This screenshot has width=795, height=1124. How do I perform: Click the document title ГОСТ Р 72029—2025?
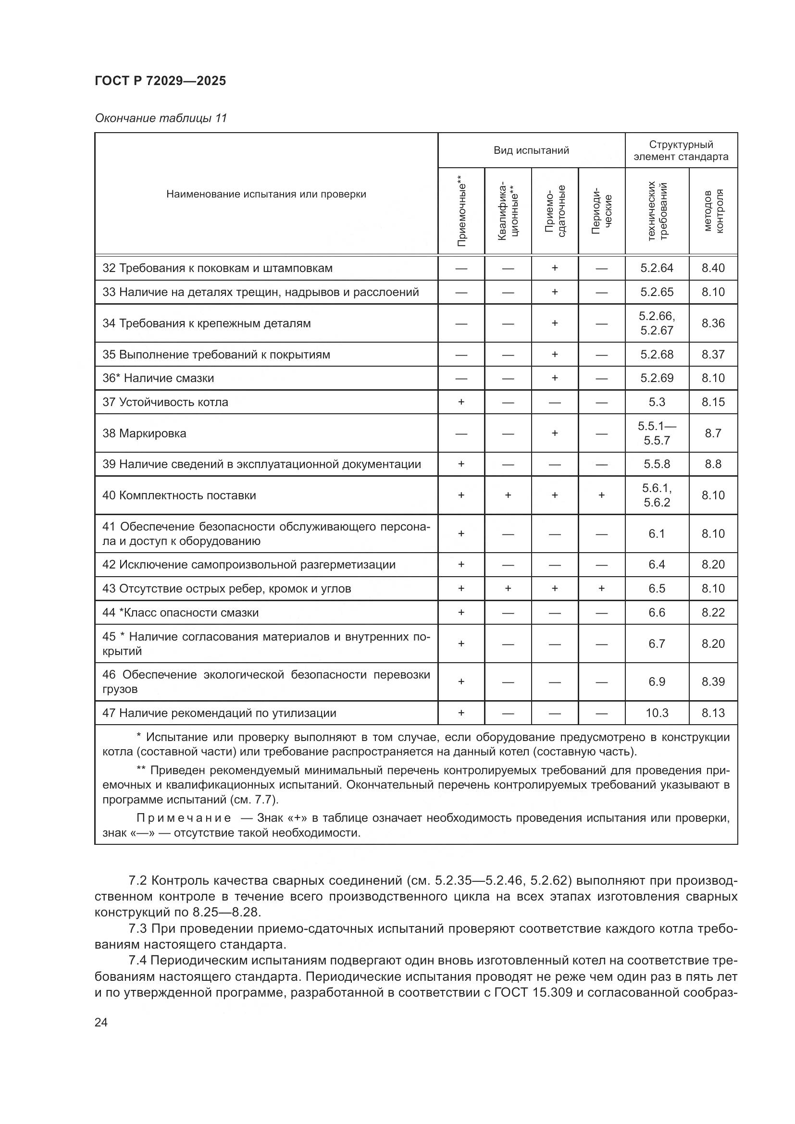[x=160, y=81]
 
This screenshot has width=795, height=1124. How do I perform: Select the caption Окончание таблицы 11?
[x=161, y=118]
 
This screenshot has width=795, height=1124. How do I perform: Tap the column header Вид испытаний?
[x=531, y=150]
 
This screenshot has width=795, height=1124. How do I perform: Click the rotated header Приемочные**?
[x=461, y=211]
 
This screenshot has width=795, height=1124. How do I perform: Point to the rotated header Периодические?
[x=602, y=211]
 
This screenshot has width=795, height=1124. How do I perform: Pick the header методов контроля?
[x=713, y=211]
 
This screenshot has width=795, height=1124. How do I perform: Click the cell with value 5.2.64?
[x=657, y=268]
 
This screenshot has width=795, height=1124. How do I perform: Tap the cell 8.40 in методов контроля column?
[x=713, y=268]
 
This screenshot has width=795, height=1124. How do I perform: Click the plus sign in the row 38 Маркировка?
[x=555, y=433]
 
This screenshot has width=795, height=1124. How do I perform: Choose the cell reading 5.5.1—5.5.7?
[x=657, y=433]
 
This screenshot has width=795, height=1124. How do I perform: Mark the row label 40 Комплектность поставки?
[x=179, y=495]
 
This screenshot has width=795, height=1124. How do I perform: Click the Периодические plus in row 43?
[x=602, y=589]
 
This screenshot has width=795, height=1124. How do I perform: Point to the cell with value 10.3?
[x=657, y=713]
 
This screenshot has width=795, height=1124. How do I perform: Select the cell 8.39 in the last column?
[x=713, y=681]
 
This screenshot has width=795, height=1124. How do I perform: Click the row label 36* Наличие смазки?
[x=158, y=378]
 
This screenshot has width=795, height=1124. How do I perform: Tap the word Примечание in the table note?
[x=184, y=817]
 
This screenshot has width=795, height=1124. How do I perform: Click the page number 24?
[x=101, y=1022]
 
